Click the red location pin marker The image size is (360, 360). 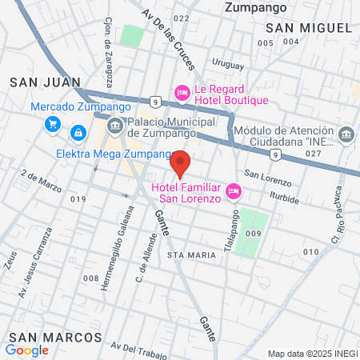[x=181, y=162]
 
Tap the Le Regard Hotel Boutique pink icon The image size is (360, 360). [x=182, y=94]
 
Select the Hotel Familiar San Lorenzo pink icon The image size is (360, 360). [x=234, y=190]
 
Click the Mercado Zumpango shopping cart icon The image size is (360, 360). [x=53, y=124]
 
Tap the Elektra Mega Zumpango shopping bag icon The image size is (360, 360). [x=78, y=132]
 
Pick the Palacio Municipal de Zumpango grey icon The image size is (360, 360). [x=114, y=125]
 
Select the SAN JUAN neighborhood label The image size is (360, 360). [x=45, y=82]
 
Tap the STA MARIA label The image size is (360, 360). [x=192, y=254]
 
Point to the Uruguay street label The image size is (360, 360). [x=228, y=62]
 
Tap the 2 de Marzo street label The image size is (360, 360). [x=42, y=181]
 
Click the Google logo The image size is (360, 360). [x=26, y=350]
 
